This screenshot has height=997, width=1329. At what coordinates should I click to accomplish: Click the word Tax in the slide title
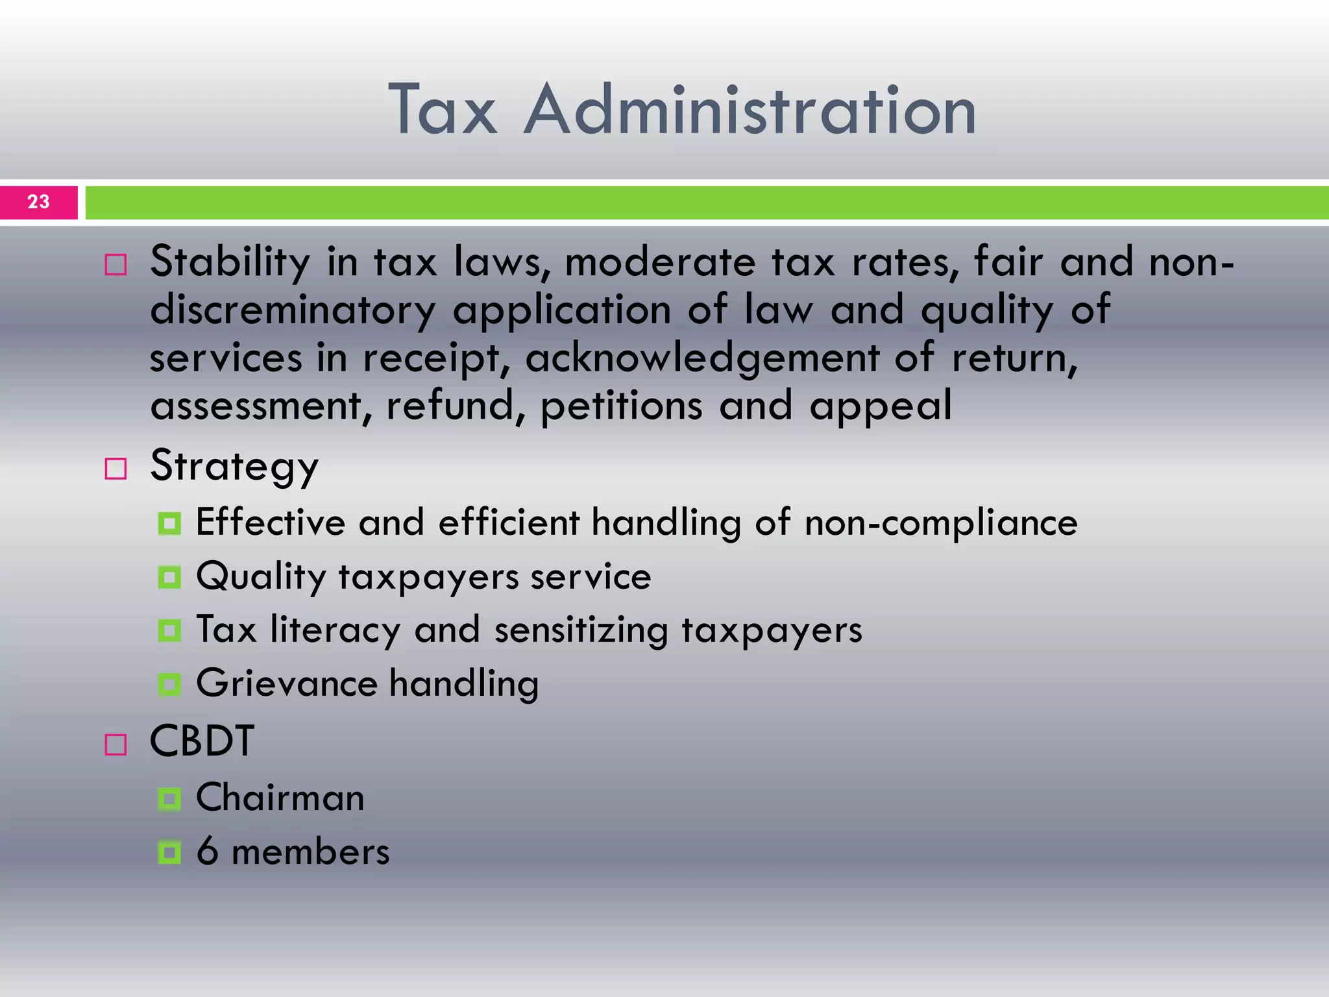(443, 110)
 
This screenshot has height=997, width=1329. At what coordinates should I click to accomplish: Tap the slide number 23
(38, 202)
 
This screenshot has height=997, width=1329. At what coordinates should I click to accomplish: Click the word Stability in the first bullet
(230, 263)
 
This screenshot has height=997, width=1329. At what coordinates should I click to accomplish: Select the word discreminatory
(293, 311)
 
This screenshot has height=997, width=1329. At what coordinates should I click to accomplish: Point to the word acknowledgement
(702, 359)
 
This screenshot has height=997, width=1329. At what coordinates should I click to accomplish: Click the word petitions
(621, 406)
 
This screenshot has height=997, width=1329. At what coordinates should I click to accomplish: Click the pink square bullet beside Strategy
(116, 469)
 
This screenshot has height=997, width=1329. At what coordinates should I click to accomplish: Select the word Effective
(271, 523)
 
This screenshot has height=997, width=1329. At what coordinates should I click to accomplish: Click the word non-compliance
(941, 523)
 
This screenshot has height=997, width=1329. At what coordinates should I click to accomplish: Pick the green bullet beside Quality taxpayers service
(169, 577)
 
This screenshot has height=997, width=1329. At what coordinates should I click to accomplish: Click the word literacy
(335, 630)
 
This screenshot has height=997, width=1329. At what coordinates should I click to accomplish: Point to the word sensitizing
(581, 630)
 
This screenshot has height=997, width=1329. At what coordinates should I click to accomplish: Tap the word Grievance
(287, 683)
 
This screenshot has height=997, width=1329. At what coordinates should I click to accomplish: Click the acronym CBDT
(202, 741)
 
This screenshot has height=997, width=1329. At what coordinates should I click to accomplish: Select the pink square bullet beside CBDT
(116, 745)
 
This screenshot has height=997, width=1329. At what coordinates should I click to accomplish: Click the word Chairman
(280, 798)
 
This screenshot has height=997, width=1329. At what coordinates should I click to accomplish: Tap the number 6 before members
(208, 852)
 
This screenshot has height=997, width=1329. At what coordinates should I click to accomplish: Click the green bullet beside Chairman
(169, 798)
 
